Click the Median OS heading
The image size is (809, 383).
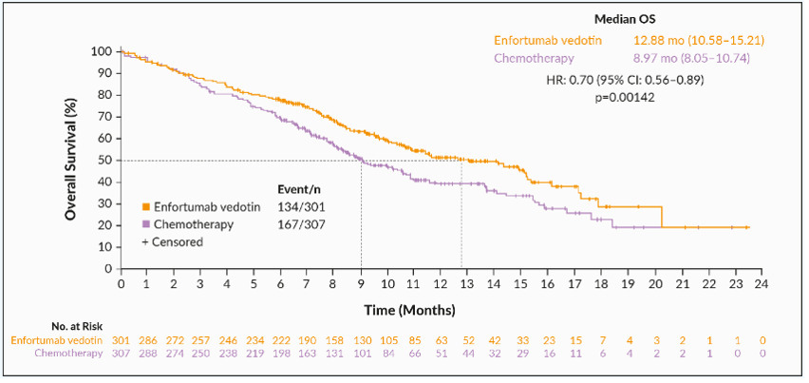coord(627,19)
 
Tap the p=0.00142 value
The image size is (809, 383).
coord(627,97)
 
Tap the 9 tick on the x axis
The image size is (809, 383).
coord(361,284)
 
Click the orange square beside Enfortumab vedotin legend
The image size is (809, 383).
coord(146,206)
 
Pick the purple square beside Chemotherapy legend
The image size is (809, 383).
coord(146,224)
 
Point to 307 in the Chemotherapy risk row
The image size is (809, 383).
coord(121,354)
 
